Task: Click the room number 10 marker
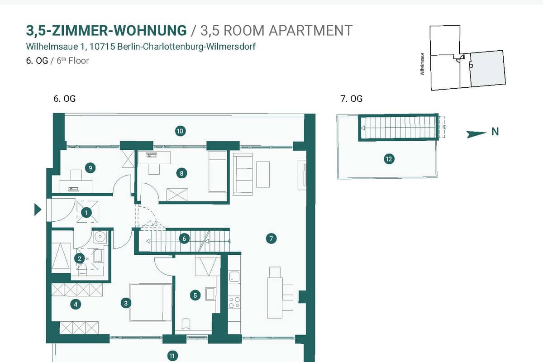(x=180, y=131)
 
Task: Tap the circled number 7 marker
(x=271, y=238)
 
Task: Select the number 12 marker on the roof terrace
(x=389, y=159)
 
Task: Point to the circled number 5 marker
(x=195, y=295)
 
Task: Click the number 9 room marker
(x=90, y=168)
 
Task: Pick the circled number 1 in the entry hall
(x=86, y=213)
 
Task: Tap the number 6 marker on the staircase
(x=184, y=239)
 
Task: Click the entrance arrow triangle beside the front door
(x=38, y=210)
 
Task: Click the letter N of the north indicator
(x=495, y=132)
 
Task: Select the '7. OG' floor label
(x=351, y=99)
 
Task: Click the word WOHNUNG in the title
(x=150, y=31)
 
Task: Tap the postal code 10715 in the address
(x=102, y=46)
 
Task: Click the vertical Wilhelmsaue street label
(x=422, y=64)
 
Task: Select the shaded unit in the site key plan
(x=488, y=68)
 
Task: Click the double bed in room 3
(x=151, y=302)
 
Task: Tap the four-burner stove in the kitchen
(x=234, y=303)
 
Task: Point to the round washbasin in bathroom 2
(x=100, y=236)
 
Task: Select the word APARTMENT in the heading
(x=310, y=31)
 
